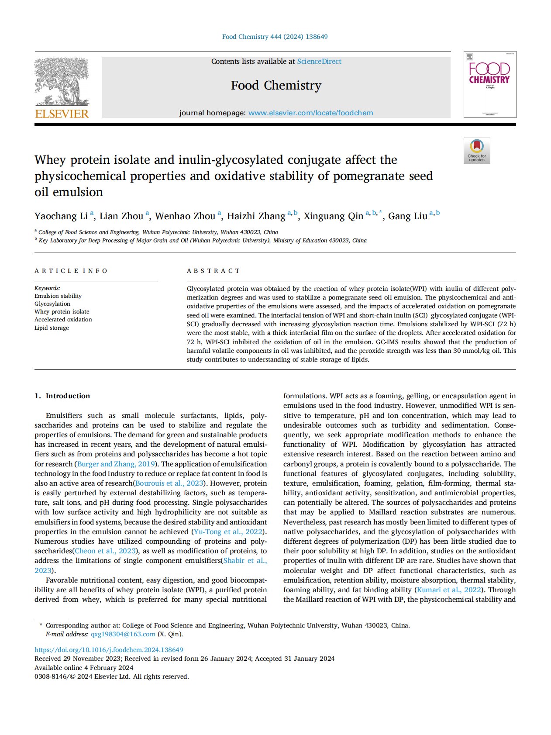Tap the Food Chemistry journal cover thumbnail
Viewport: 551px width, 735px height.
pos(489,84)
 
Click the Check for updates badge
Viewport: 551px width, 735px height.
pos(477,151)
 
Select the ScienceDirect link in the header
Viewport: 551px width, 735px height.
pos(319,62)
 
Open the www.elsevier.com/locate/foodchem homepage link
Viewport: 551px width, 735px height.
pos(310,113)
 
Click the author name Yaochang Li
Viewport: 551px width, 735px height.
pos(61,216)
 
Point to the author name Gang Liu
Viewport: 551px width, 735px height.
pos(408,216)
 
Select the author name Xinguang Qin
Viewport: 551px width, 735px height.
pos(334,216)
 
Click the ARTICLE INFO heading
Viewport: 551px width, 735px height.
pos(71,271)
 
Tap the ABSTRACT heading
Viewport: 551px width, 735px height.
pos(214,271)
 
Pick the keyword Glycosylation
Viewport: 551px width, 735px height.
pos(52,304)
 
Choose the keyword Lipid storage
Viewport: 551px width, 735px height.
pos(52,328)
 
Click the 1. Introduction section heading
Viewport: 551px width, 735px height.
pos(62,396)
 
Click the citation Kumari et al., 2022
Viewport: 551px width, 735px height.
pos(449,590)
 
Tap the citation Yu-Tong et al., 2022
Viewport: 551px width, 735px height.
pos(228,532)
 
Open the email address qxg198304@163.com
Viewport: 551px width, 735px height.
pos(123,635)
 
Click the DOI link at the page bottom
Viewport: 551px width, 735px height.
pos(109,650)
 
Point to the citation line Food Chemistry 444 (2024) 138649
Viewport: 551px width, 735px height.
pos(275,37)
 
